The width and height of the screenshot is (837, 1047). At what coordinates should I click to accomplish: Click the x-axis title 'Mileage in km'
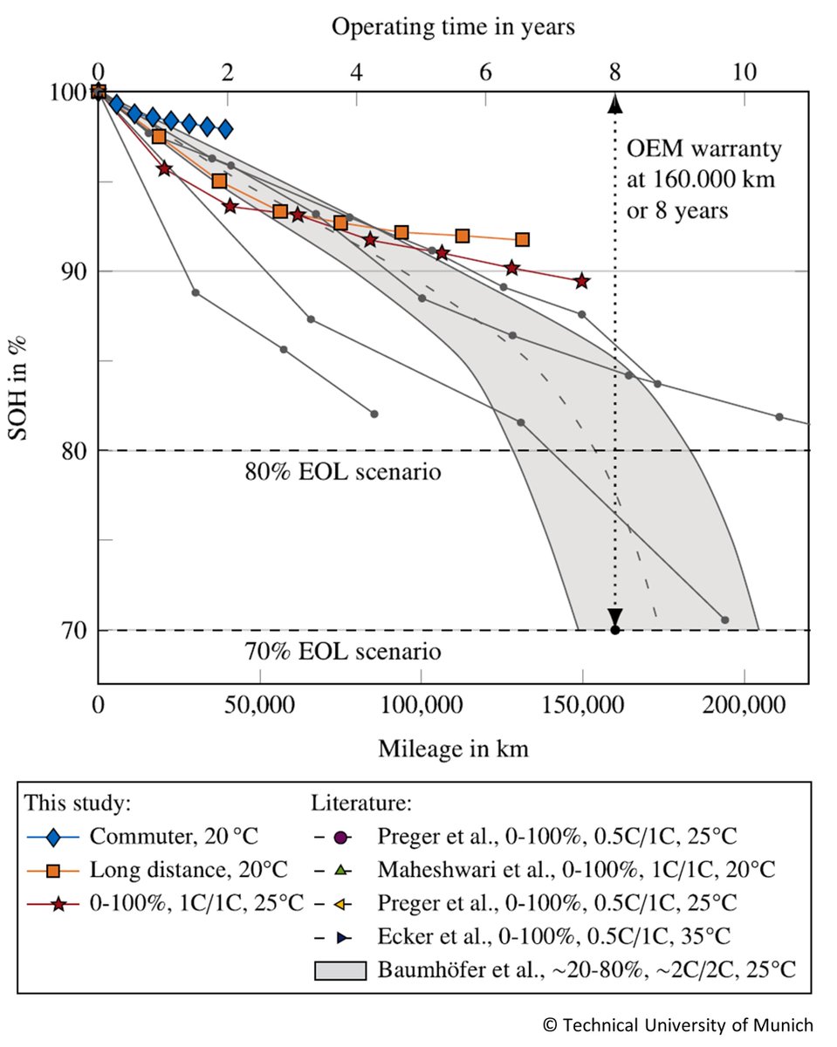tap(453, 749)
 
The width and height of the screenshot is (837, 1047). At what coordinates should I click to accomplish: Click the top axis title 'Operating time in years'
tap(453, 27)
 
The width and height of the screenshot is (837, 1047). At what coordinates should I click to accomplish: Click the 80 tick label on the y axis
tap(73, 450)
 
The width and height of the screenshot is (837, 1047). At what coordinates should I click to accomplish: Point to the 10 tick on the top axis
tap(744, 74)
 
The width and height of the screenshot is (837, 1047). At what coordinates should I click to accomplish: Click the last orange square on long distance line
tap(522, 239)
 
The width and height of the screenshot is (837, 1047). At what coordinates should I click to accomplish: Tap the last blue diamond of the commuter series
tap(225, 129)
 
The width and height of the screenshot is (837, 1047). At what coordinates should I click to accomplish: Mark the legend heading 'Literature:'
tap(360, 802)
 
